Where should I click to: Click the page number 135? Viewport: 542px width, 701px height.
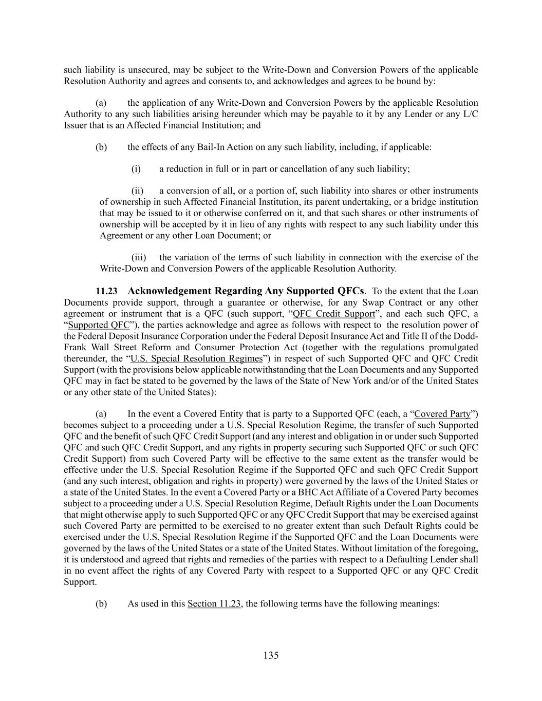[x=271, y=655]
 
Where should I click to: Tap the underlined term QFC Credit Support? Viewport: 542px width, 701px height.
[x=333, y=314]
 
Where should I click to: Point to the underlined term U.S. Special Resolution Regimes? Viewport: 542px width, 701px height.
[x=197, y=358]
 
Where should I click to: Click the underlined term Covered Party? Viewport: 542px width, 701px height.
[x=442, y=414]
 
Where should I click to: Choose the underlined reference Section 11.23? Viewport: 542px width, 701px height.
[x=214, y=604]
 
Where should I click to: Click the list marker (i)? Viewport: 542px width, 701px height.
[x=136, y=169]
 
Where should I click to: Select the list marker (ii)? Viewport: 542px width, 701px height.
[x=137, y=191]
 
